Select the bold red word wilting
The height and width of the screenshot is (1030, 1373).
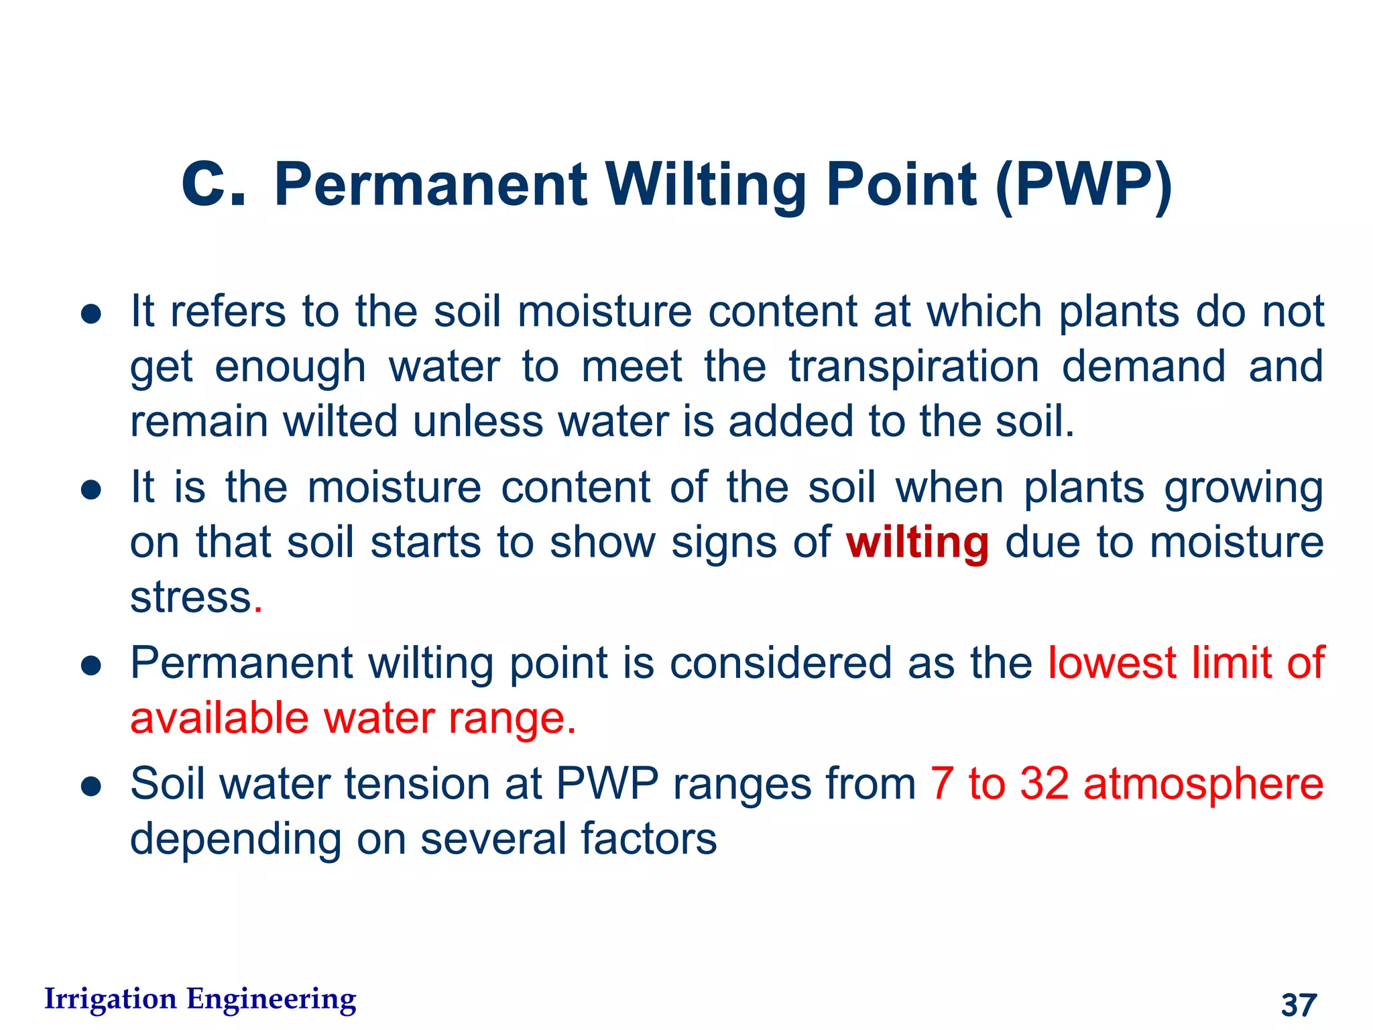click(916, 542)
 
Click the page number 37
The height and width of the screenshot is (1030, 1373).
click(1299, 1005)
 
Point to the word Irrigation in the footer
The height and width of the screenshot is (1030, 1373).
click(110, 998)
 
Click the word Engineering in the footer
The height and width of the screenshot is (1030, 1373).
click(271, 999)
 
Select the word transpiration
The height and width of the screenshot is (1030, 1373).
click(914, 367)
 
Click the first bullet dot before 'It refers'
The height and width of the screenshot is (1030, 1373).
click(91, 314)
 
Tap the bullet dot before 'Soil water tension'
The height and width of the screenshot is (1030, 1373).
click(91, 786)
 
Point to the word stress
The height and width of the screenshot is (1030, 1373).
click(190, 597)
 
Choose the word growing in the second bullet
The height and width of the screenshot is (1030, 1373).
click(1244, 488)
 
